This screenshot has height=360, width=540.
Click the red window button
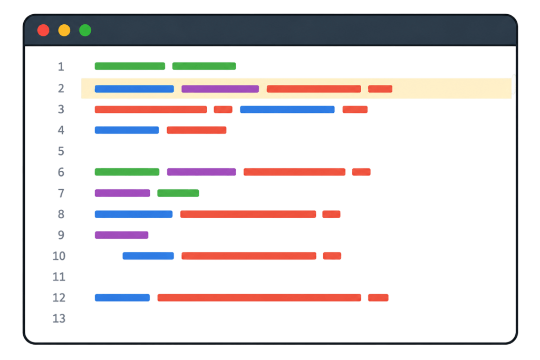(x=43, y=30)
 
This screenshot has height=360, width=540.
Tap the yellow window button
(x=64, y=30)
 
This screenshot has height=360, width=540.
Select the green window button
(x=85, y=30)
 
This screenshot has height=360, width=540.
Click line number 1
(x=61, y=66)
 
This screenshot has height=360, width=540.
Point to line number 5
(x=61, y=151)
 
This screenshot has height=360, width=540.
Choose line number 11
(x=59, y=277)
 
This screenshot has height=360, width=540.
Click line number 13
(x=59, y=318)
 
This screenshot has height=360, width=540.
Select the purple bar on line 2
(x=220, y=89)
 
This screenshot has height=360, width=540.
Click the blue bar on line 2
(x=134, y=89)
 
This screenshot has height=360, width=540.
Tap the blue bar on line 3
(x=287, y=110)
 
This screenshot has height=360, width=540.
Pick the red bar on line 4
(x=197, y=130)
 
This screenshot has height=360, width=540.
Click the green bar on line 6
(x=127, y=172)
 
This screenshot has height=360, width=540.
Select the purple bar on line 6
(x=201, y=172)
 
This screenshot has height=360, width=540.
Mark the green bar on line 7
(x=178, y=193)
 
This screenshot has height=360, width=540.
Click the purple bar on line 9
(x=122, y=235)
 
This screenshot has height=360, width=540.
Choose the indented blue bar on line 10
(x=148, y=256)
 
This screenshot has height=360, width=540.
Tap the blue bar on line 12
(x=122, y=298)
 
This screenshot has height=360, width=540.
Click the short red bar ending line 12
(x=378, y=298)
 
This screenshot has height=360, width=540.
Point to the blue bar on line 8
(x=133, y=214)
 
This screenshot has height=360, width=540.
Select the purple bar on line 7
(x=122, y=193)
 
